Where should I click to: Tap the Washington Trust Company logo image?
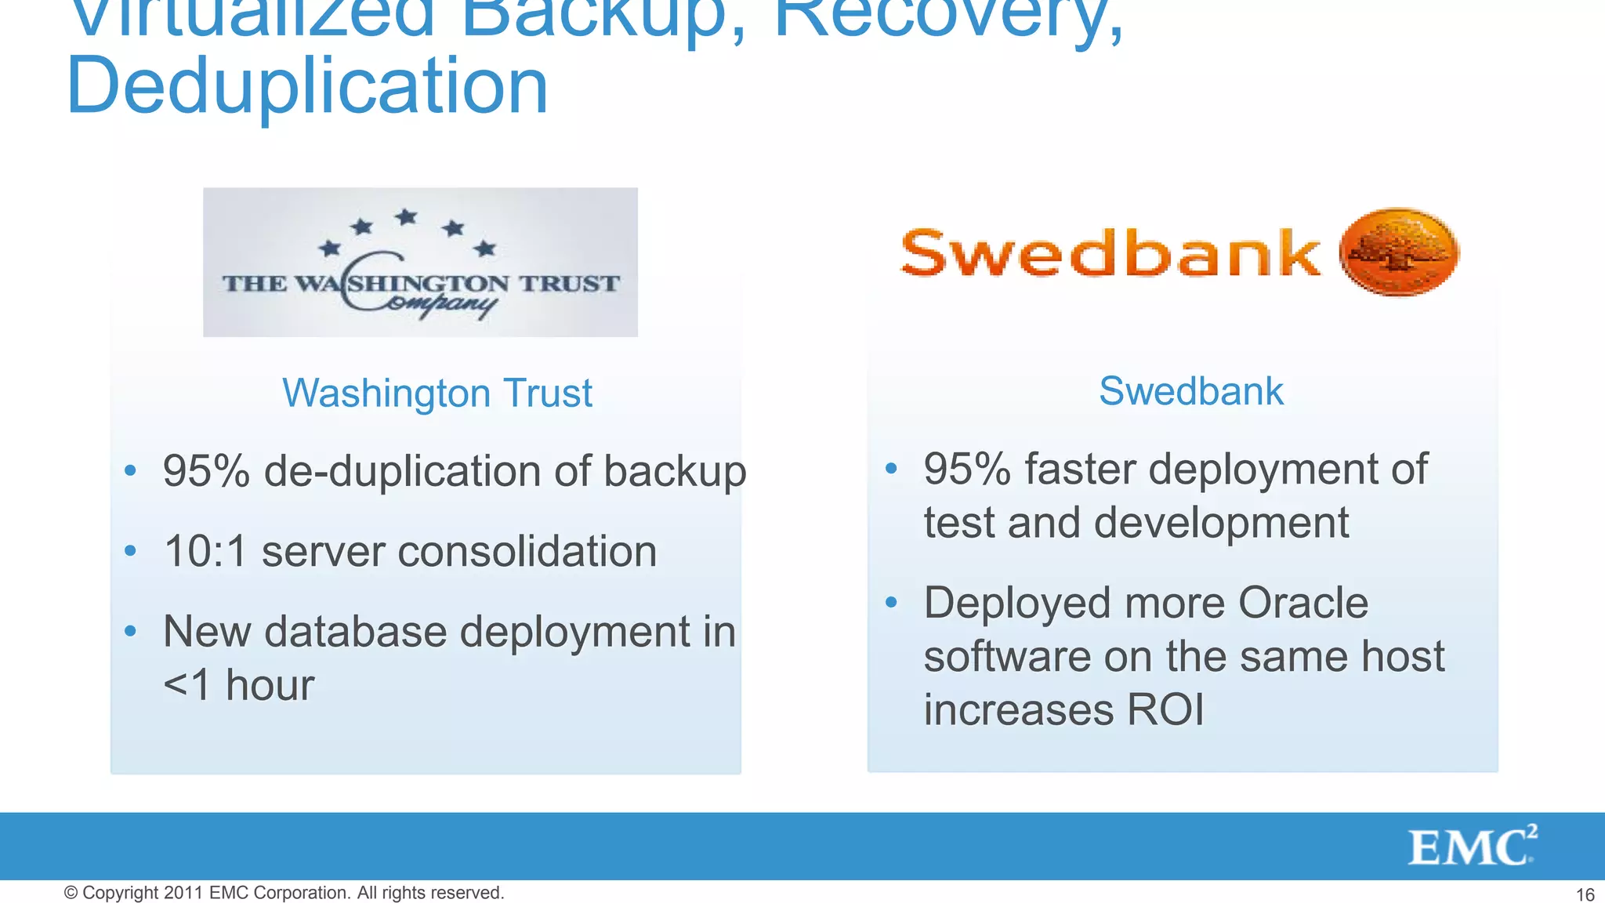point(420,262)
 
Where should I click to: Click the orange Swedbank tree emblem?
point(1399,252)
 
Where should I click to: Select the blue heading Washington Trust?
point(437,393)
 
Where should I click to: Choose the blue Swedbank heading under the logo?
point(1190,390)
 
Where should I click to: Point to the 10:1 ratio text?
point(205,551)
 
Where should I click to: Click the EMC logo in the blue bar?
point(1472,847)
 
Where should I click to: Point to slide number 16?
point(1585,894)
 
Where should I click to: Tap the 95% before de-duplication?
point(206,471)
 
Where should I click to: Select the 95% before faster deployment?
point(967,469)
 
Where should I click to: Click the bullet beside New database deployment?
point(131,630)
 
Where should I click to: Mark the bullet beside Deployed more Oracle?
point(891,602)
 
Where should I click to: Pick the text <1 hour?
point(238,685)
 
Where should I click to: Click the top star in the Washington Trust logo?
point(406,216)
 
